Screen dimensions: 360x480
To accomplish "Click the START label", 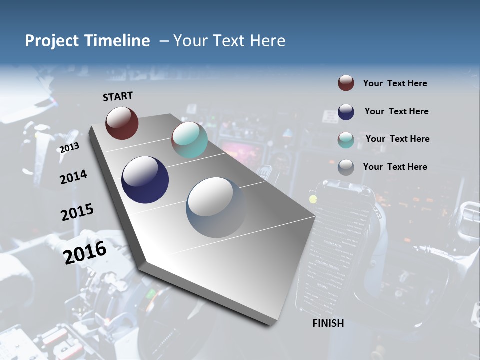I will (118, 96).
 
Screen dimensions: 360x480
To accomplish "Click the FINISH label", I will (328, 323).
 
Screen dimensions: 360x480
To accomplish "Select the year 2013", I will (69, 147).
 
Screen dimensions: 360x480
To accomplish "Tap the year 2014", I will (73, 177).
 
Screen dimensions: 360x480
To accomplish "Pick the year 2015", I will (77, 212).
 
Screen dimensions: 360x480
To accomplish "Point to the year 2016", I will (85, 252).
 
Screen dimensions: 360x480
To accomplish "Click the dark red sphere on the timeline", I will (122, 123).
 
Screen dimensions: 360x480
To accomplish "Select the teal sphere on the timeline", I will (189, 139).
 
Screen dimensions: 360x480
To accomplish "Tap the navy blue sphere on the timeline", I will (145, 180).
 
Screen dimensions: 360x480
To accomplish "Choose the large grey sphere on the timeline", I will (216, 207).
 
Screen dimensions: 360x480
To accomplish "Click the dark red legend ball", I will (346, 83).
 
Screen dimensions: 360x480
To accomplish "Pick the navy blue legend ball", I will (346, 111).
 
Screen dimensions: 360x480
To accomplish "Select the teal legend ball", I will (346, 139).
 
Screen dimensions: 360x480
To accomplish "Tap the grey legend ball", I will (346, 167).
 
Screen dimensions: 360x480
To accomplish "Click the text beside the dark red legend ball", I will (395, 83).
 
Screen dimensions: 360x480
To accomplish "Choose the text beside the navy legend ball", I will (396, 111).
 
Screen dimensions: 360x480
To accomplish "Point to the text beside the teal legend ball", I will (397, 139).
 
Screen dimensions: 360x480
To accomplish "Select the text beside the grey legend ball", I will (395, 167).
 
